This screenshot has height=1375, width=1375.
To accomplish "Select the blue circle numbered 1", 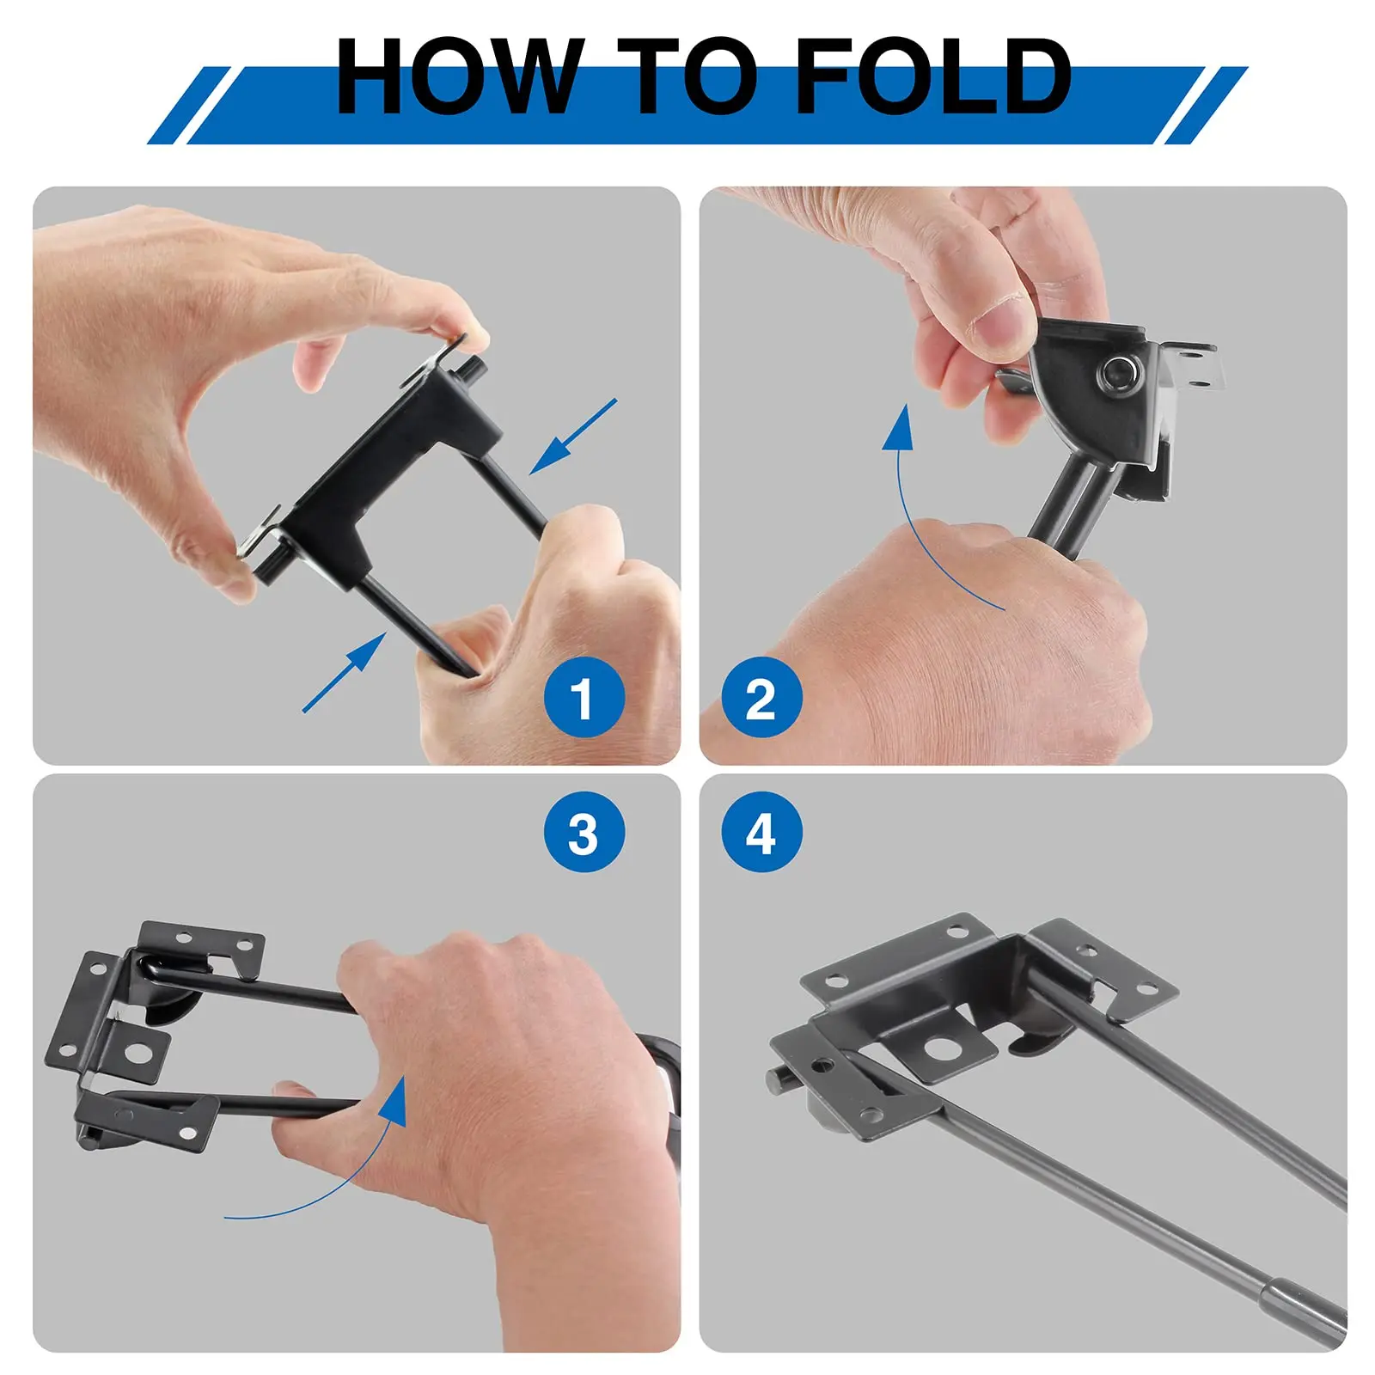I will (x=584, y=698).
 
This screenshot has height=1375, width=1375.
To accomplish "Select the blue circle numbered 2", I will (x=761, y=698).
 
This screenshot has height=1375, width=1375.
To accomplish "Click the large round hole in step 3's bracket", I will (x=136, y=1052).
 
